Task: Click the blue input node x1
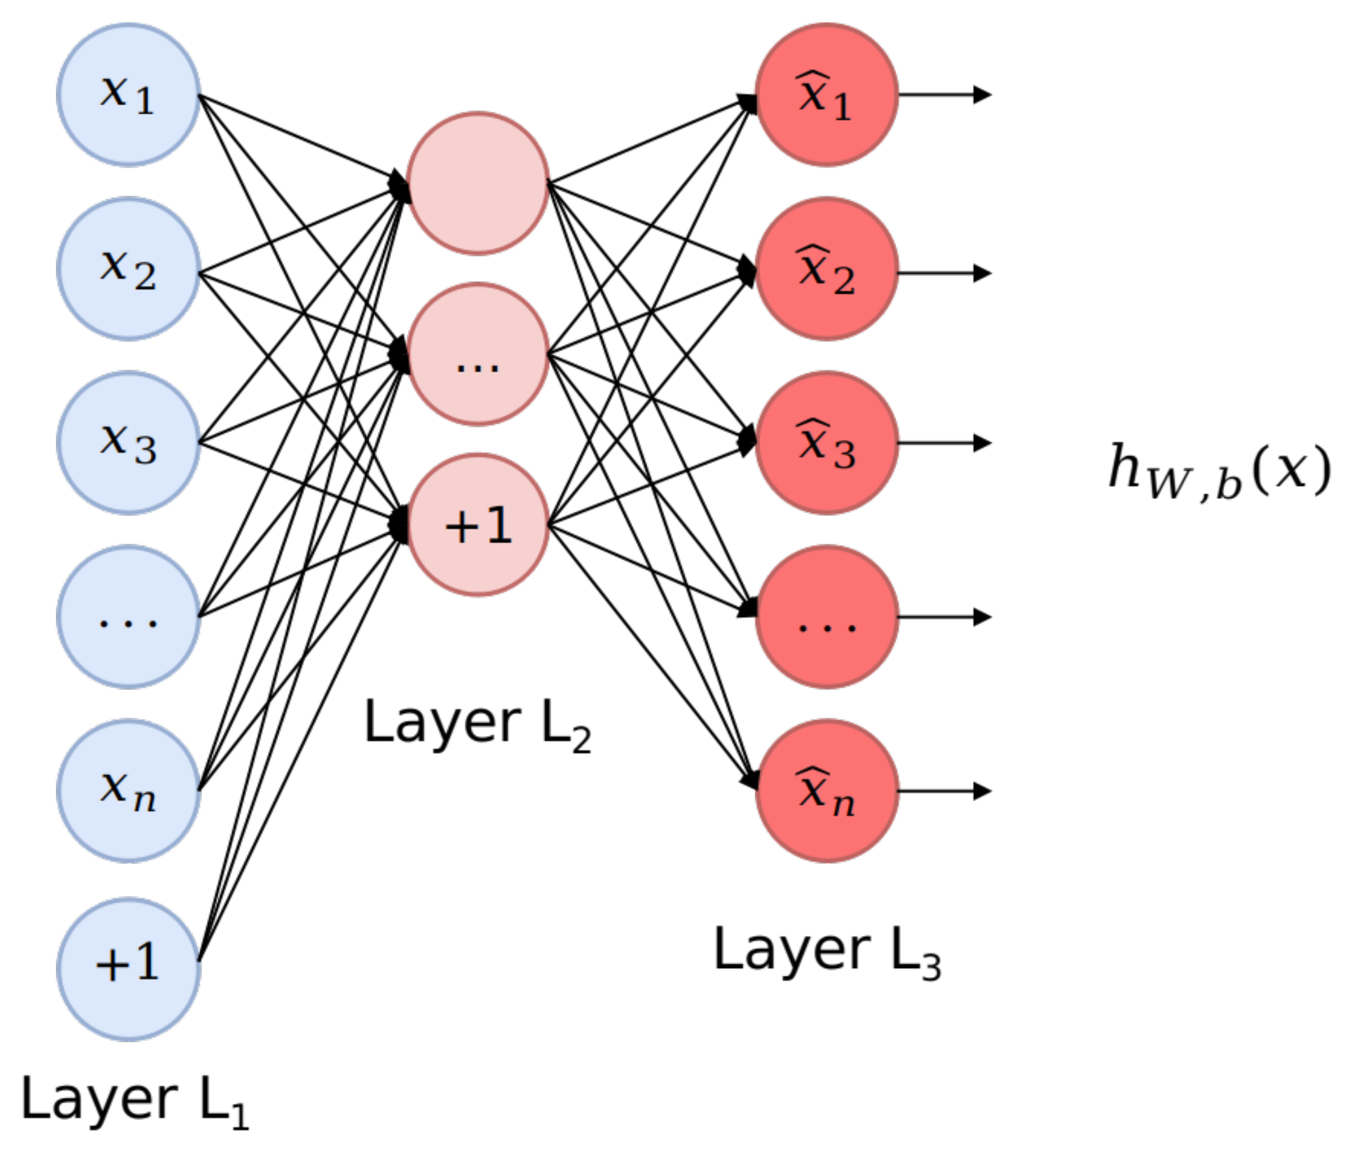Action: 128,95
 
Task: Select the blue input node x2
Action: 128,268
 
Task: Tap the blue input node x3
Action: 128,443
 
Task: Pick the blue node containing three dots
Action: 128,617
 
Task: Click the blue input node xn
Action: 128,791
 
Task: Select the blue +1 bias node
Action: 128,969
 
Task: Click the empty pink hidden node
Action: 478,184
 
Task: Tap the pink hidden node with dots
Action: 478,354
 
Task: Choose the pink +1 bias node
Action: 478,525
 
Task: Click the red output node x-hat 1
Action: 826,95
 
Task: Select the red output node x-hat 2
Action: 826,268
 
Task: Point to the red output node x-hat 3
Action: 826,443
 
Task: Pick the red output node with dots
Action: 826,617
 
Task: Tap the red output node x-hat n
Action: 826,791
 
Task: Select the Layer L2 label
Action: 477,725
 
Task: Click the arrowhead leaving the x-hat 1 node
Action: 982,95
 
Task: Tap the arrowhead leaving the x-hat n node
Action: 982,791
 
